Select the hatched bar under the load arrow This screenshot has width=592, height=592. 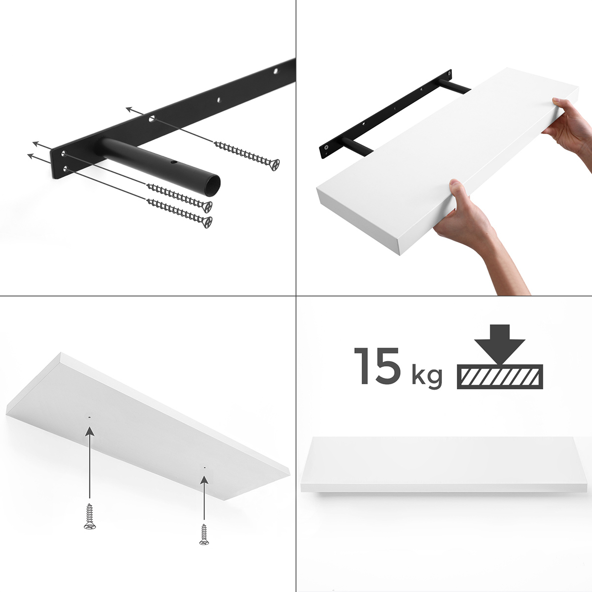click(500, 376)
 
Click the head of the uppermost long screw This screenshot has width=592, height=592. click(274, 164)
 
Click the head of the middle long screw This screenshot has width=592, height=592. click(207, 206)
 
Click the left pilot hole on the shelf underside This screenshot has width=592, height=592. click(89, 417)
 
